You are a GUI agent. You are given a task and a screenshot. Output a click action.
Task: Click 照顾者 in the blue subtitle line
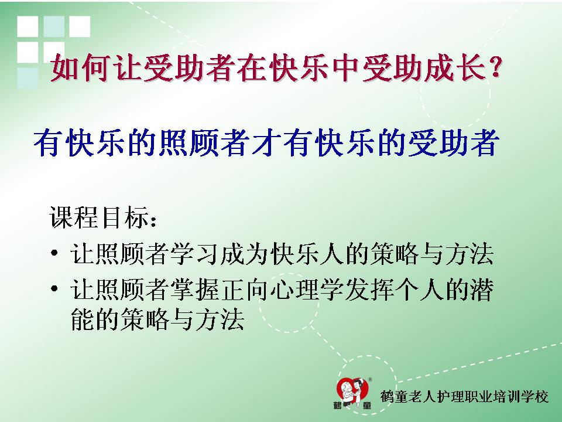(x=205, y=142)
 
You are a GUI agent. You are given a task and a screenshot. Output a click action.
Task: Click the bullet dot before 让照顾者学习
(x=54, y=253)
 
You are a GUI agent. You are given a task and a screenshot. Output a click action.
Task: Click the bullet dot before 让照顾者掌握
(x=54, y=288)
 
